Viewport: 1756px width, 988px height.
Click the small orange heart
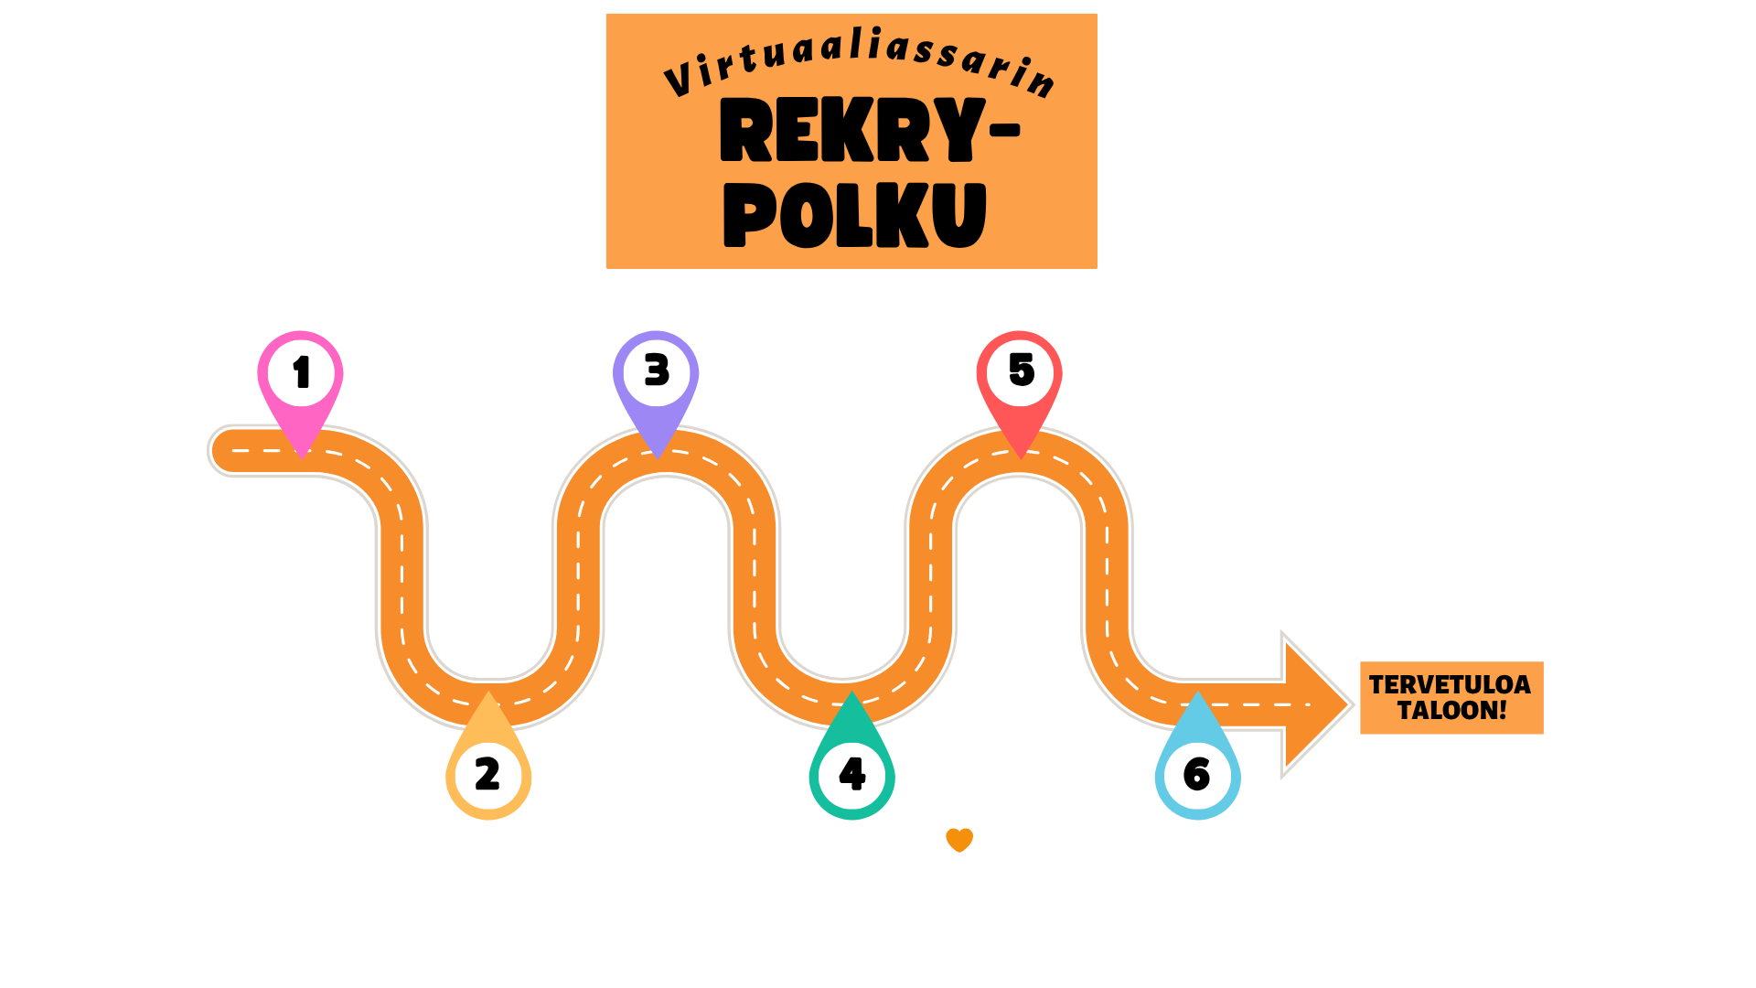(x=959, y=840)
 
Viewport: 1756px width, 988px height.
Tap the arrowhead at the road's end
(x=1317, y=704)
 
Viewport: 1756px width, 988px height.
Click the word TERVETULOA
(x=1450, y=684)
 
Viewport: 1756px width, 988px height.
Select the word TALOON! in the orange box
(x=1451, y=711)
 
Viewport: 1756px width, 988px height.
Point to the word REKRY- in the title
(x=870, y=130)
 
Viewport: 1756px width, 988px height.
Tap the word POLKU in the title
(x=855, y=215)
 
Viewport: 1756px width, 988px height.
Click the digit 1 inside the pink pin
(x=301, y=372)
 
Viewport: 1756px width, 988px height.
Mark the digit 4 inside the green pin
(x=851, y=774)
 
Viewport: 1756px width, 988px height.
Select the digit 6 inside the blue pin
(x=1196, y=775)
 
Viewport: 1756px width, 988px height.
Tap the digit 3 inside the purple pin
(x=657, y=370)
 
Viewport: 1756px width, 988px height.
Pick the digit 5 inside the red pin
(x=1022, y=370)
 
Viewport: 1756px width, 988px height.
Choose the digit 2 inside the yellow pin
(x=487, y=774)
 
